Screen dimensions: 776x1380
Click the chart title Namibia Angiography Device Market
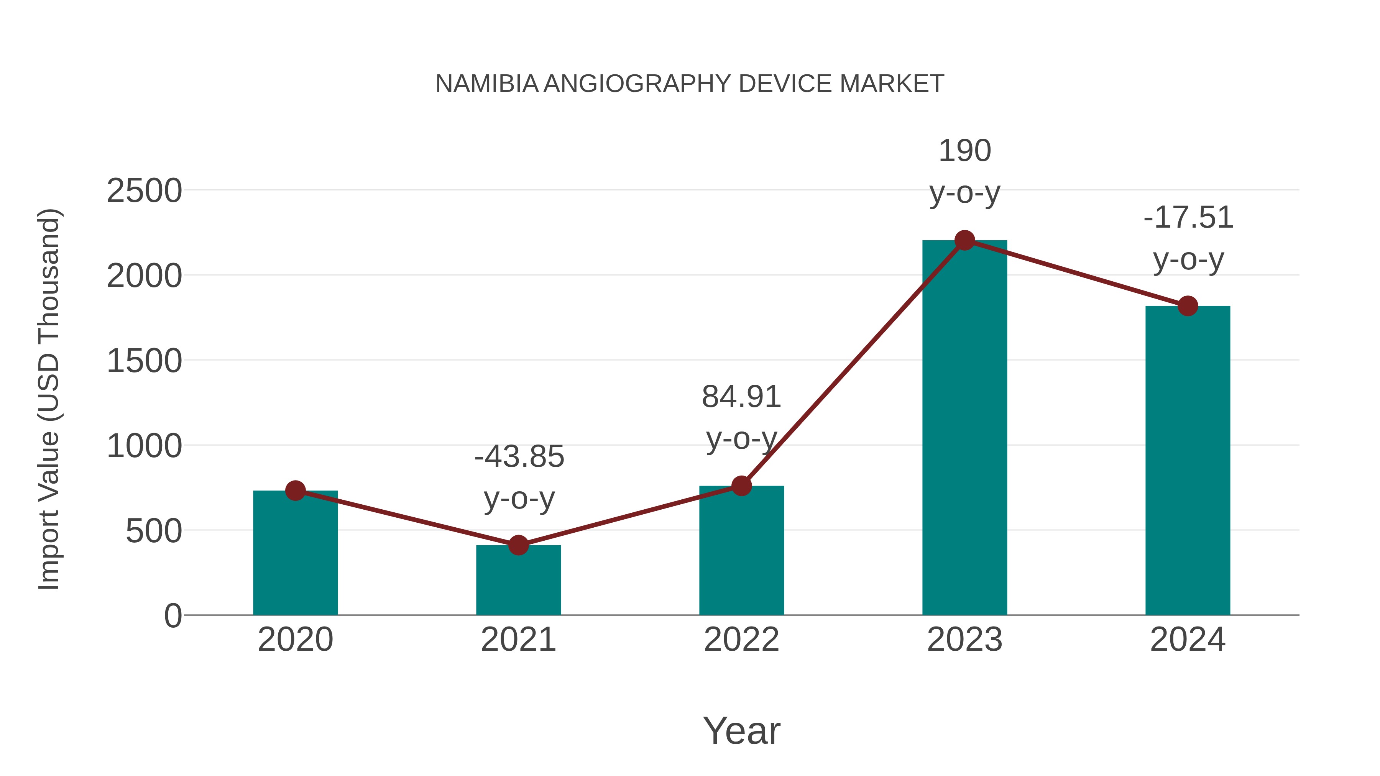point(690,84)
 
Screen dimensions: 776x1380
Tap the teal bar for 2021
point(518,581)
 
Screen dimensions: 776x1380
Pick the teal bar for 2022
point(741,551)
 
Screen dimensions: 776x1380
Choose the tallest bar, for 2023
point(964,428)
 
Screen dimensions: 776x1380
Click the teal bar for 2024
point(1188,461)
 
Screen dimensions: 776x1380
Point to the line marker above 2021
point(518,545)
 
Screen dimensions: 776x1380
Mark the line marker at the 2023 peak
point(964,240)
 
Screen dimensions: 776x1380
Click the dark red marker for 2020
point(295,490)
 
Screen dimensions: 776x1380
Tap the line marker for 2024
point(1188,306)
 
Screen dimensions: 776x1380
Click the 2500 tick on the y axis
point(144,191)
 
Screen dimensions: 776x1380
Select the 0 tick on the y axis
point(172,615)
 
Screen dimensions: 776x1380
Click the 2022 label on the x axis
point(741,640)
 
